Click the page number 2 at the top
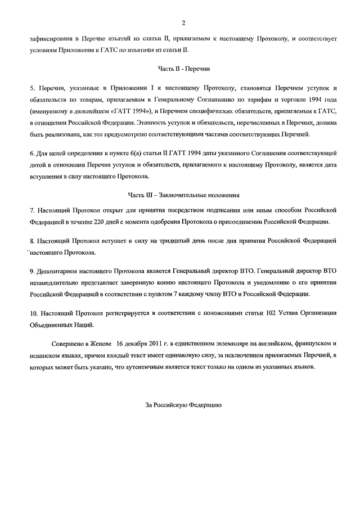pyautogui.click(x=183, y=22)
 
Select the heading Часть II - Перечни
pyautogui.click(x=183, y=68)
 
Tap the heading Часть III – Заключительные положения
pyautogui.click(x=183, y=195)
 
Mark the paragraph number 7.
pyautogui.click(x=32, y=210)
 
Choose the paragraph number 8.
pyautogui.click(x=32, y=241)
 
